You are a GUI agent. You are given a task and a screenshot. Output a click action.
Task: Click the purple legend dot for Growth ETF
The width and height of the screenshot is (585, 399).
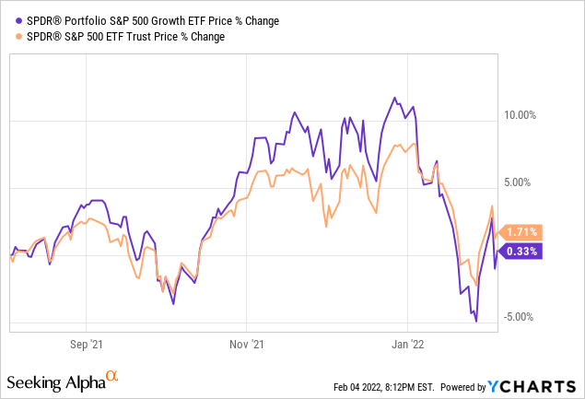coord(10,21)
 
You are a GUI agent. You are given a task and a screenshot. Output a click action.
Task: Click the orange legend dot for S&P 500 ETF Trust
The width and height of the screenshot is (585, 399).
coord(10,37)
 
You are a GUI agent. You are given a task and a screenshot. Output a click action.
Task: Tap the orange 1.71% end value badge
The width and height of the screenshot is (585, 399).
coord(521,232)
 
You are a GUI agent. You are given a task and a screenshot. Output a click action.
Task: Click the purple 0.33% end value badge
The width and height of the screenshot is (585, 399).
coord(521,251)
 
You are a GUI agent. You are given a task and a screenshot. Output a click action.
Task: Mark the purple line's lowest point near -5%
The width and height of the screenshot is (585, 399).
coord(476,321)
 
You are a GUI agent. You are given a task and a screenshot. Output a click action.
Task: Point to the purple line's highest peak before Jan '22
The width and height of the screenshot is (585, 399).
coord(395,97)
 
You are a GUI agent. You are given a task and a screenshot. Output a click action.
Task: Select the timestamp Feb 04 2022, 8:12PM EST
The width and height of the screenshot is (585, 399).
coord(384,387)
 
